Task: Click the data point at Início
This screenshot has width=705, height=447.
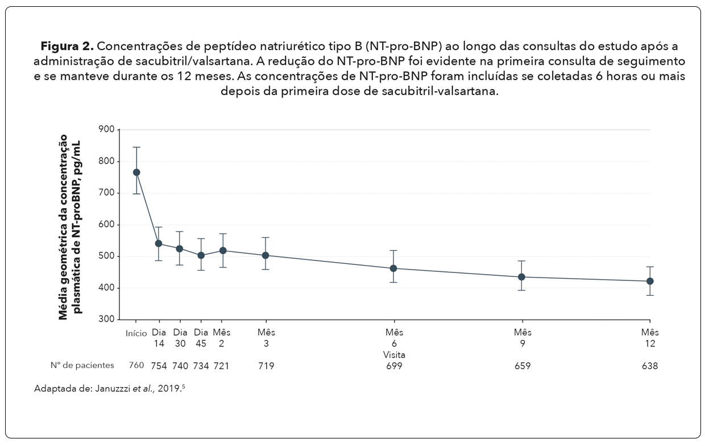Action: pyautogui.click(x=136, y=172)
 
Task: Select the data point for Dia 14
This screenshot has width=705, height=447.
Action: pyautogui.click(x=159, y=243)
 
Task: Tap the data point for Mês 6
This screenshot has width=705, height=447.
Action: pyautogui.click(x=393, y=268)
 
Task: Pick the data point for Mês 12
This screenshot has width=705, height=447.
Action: pyautogui.click(x=650, y=281)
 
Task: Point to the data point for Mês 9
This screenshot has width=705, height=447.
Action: pyautogui.click(x=522, y=277)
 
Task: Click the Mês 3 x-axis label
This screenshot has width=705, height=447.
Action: pyautogui.click(x=266, y=338)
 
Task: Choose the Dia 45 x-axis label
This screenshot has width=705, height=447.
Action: pyautogui.click(x=201, y=338)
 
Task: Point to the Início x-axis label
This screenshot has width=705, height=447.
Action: pyautogui.click(x=136, y=333)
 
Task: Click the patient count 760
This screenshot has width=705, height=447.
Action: pyautogui.click(x=136, y=366)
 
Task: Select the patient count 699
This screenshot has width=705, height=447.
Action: pyautogui.click(x=393, y=366)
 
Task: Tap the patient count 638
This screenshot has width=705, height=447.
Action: pyautogui.click(x=650, y=366)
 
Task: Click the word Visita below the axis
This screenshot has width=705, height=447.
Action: pyautogui.click(x=393, y=354)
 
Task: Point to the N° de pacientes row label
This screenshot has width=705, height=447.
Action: pyautogui.click(x=82, y=366)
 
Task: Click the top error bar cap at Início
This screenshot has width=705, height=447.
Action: pyautogui.click(x=136, y=147)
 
